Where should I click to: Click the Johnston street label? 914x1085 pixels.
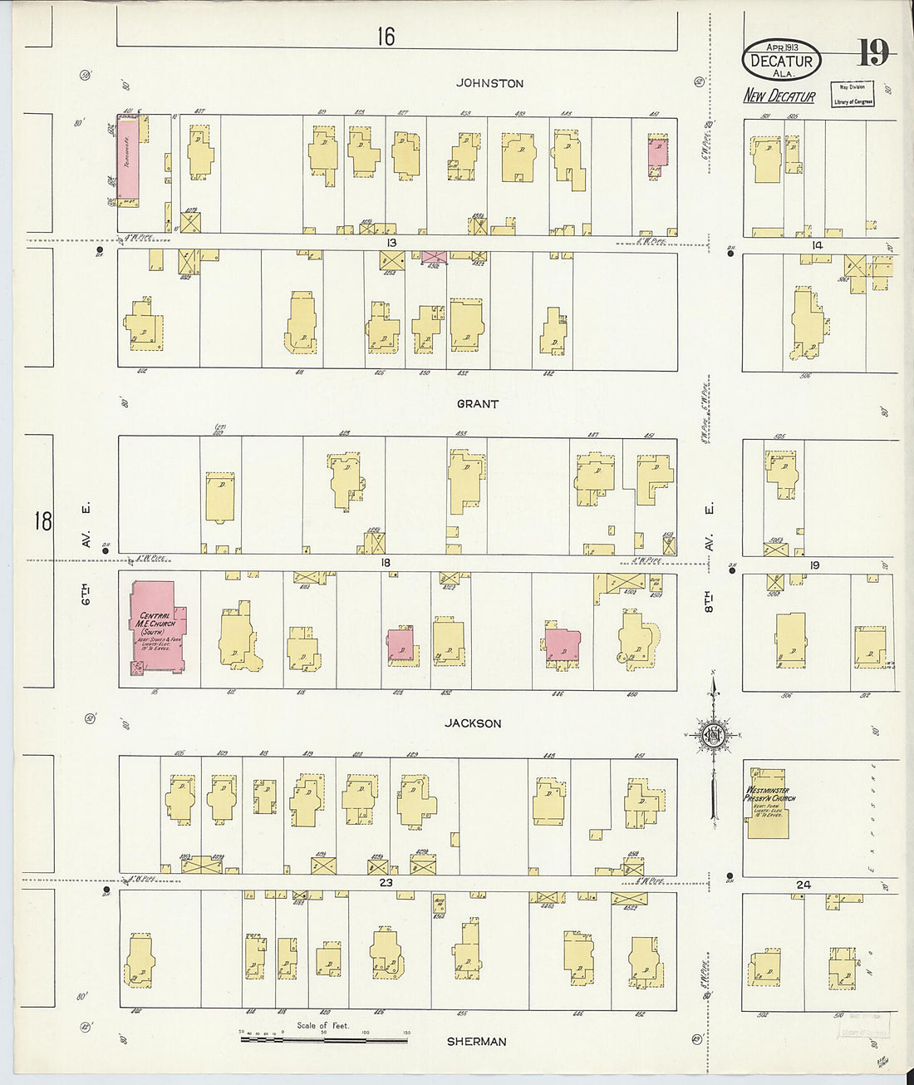point(489,83)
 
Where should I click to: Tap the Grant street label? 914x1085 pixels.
point(477,404)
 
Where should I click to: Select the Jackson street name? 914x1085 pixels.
point(472,723)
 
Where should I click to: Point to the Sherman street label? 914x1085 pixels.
point(476,1041)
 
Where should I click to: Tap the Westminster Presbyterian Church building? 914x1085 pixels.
point(769,802)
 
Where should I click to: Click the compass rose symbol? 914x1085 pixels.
point(713,736)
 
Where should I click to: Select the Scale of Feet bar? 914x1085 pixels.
point(324,1038)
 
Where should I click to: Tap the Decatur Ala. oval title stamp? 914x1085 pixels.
point(781,59)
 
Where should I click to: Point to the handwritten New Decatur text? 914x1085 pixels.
point(779,96)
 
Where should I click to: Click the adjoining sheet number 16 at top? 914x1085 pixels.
point(385,37)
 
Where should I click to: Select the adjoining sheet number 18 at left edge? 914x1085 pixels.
point(42,521)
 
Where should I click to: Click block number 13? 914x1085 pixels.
point(391,243)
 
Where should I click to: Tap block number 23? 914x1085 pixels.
point(386,882)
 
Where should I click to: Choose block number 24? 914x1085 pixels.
point(803,885)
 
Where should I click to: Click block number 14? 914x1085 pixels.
point(817,245)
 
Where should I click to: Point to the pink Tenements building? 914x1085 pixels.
point(127,161)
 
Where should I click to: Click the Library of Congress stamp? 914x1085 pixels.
point(853,94)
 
